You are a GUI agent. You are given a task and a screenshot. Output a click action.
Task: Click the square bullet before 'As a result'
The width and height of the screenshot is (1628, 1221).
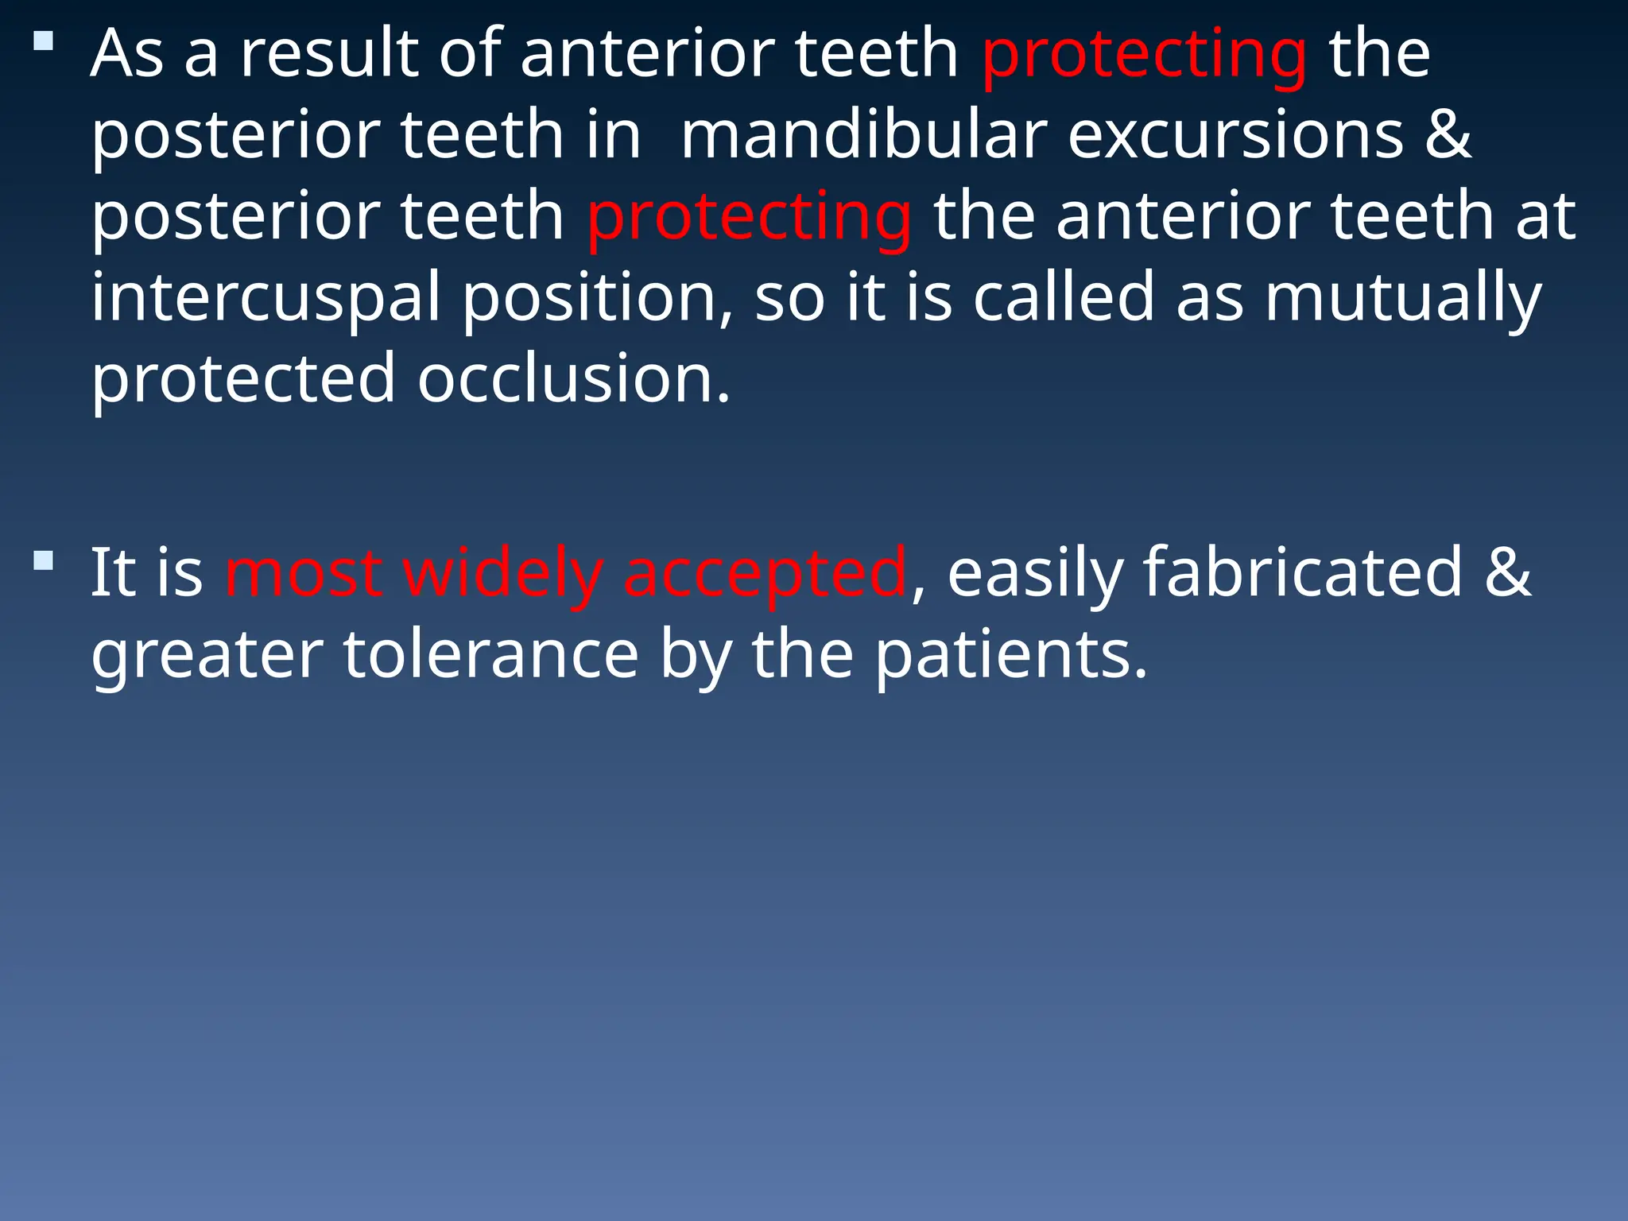click(x=44, y=41)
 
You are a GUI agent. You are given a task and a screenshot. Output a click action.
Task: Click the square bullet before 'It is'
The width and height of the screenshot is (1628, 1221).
click(x=44, y=561)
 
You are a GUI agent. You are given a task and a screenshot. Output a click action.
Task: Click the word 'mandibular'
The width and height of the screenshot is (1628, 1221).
click(x=863, y=135)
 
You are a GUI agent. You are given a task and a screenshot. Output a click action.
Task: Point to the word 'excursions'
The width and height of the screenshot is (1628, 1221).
click(x=1235, y=135)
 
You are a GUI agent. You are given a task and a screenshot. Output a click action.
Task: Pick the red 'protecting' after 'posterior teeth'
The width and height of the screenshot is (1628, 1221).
click(x=749, y=218)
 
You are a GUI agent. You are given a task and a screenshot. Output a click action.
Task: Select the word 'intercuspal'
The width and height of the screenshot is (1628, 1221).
click(x=266, y=299)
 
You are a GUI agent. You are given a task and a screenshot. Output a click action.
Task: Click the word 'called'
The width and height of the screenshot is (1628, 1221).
click(x=1064, y=297)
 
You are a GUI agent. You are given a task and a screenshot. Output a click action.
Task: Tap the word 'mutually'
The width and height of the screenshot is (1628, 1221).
click(x=1403, y=299)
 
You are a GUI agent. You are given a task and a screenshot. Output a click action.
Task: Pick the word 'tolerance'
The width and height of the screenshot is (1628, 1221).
click(x=491, y=655)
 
